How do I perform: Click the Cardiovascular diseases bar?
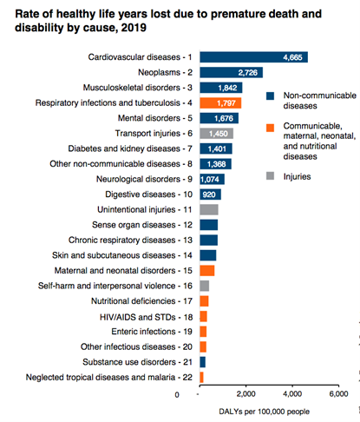pyautogui.click(x=253, y=57)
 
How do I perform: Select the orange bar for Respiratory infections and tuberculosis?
pyautogui.click(x=220, y=102)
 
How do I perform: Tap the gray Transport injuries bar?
pyautogui.click(x=217, y=134)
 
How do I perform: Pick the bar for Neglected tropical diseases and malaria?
pyautogui.click(x=201, y=377)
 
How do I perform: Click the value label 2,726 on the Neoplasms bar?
pyautogui.click(x=248, y=72)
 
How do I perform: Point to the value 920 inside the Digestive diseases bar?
pyautogui.click(x=209, y=195)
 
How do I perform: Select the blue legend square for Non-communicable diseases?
pyautogui.click(x=270, y=96)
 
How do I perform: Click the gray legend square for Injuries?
pyautogui.click(x=270, y=175)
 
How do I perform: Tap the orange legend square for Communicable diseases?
pyautogui.click(x=270, y=128)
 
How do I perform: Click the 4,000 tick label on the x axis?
pyautogui.click(x=292, y=394)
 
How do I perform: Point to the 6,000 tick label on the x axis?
pyautogui.click(x=338, y=394)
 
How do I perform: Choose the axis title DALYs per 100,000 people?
pyautogui.click(x=264, y=412)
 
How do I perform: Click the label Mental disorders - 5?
pyautogui.click(x=155, y=118)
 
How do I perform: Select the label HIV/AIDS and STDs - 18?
pyautogui.click(x=146, y=317)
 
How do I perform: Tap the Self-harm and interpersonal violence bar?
pyautogui.click(x=205, y=286)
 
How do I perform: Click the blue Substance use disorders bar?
pyautogui.click(x=203, y=362)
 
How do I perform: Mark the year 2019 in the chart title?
pyautogui.click(x=134, y=28)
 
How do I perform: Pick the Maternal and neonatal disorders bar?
pyautogui.click(x=207, y=271)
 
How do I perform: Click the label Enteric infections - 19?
pyautogui.click(x=152, y=332)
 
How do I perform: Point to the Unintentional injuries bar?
pyautogui.click(x=209, y=209)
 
